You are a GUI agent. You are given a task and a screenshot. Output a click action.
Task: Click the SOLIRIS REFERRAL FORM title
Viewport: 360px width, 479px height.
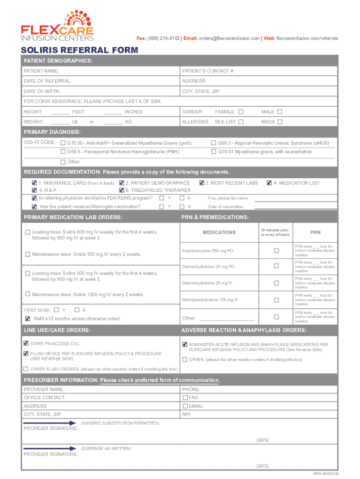click(79, 50)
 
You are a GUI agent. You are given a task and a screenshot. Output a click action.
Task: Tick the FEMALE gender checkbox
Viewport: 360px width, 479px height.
click(241, 112)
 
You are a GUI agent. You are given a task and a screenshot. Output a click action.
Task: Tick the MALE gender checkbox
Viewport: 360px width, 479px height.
click(280, 112)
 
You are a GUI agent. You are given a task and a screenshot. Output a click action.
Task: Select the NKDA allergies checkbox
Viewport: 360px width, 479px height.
click(280, 122)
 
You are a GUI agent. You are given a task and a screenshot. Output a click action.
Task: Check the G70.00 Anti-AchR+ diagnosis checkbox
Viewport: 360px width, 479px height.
click(63, 143)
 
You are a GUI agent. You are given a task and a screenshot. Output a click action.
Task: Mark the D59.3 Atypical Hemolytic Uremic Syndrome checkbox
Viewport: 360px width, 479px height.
click(214, 143)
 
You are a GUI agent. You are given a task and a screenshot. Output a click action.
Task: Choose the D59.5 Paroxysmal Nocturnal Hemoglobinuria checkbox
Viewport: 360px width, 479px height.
click(63, 152)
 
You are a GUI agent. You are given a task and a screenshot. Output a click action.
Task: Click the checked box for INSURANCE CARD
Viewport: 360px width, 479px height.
click(34, 183)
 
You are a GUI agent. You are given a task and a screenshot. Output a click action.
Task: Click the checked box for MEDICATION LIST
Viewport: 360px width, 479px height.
click(269, 183)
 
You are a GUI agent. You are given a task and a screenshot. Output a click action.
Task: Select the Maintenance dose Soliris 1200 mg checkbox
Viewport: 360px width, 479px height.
click(28, 294)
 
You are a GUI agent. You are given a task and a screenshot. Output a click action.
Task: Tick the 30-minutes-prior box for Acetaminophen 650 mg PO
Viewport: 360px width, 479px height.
click(276, 251)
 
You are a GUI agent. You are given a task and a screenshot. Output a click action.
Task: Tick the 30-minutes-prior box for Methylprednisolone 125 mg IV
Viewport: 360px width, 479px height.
click(276, 300)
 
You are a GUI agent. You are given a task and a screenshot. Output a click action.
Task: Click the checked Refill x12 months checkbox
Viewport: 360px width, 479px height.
click(28, 319)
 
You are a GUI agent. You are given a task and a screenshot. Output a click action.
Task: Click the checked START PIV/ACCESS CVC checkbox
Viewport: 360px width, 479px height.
click(26, 343)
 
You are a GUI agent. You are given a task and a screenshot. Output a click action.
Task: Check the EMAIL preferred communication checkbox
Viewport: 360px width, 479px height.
click(185, 406)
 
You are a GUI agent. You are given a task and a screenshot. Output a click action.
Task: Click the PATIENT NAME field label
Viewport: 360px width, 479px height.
click(41, 71)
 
